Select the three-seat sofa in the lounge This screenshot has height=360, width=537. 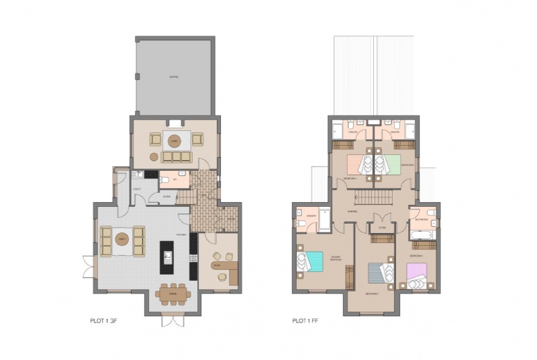pos(176,156)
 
